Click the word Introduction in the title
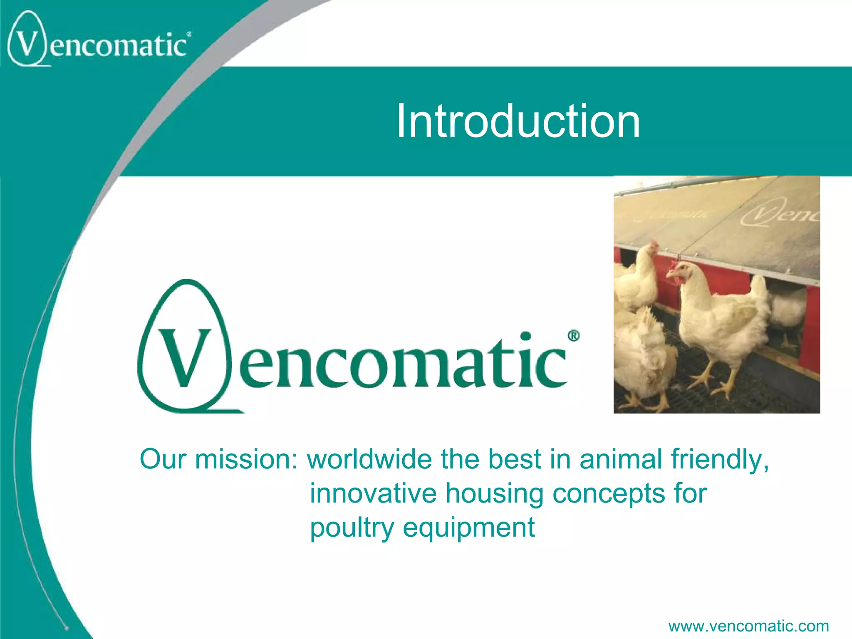click(518, 121)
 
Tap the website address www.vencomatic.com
click(748, 625)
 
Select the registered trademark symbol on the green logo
click(573, 336)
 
